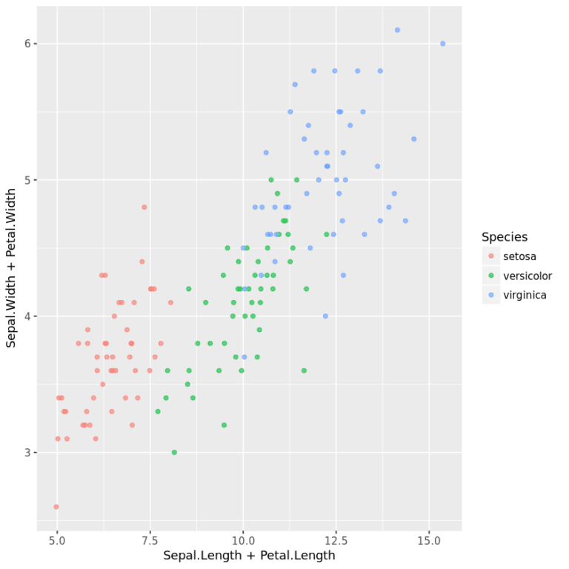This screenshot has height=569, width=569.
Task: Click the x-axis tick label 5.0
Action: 56,541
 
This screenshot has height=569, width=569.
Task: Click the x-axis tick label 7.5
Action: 150,541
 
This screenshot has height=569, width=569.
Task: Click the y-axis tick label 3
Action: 27,453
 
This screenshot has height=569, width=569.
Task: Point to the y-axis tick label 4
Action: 27,316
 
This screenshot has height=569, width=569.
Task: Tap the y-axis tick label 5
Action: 27,180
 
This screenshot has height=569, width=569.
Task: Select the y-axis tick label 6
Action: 27,44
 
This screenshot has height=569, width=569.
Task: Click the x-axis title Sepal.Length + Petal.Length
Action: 249,556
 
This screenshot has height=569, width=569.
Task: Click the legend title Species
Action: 505,237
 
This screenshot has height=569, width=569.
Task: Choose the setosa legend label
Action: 519,256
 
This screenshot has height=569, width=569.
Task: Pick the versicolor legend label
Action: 528,276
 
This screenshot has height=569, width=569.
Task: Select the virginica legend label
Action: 525,295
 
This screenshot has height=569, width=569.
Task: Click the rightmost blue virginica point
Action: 443,44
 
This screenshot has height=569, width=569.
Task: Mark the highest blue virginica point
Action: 397,30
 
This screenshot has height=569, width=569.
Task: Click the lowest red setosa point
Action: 56,507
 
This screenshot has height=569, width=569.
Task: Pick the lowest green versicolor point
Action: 174,452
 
